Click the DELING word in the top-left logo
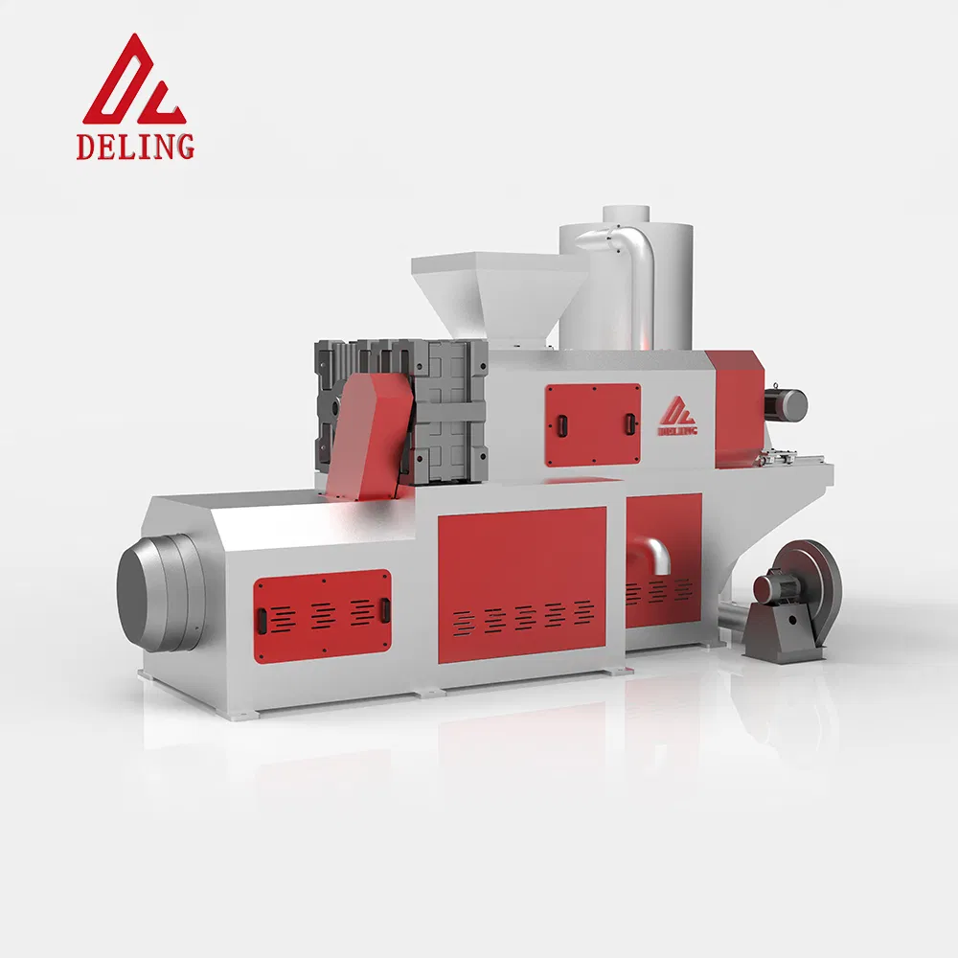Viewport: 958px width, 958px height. tap(135, 147)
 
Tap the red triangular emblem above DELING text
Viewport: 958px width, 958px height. tap(134, 80)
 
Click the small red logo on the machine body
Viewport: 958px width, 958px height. tap(677, 416)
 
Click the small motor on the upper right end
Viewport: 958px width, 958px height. tap(786, 404)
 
